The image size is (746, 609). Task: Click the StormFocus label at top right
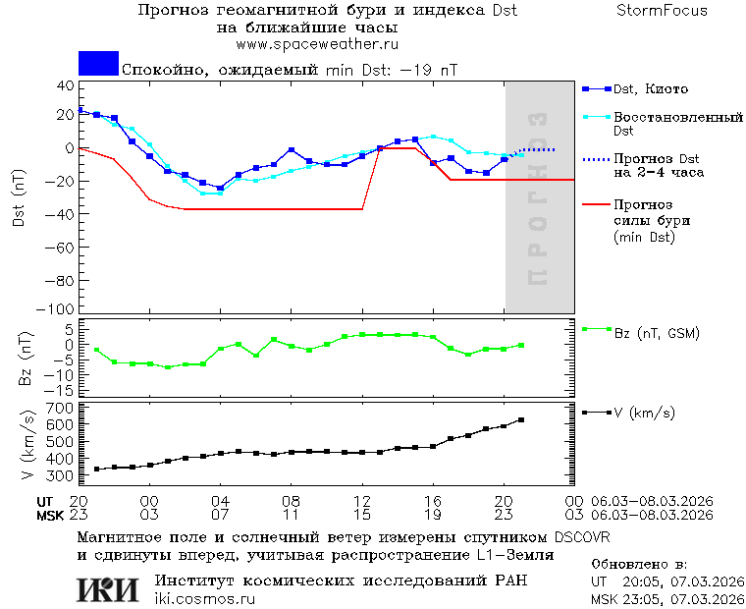[x=662, y=11]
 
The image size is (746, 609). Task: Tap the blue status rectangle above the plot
[x=98, y=64]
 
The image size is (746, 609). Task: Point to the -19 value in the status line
[x=419, y=71]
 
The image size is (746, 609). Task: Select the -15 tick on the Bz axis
[x=61, y=391]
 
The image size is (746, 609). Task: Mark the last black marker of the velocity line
[x=521, y=419]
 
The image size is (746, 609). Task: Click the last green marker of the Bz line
[x=521, y=345]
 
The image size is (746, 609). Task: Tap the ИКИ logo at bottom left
[x=108, y=588]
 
